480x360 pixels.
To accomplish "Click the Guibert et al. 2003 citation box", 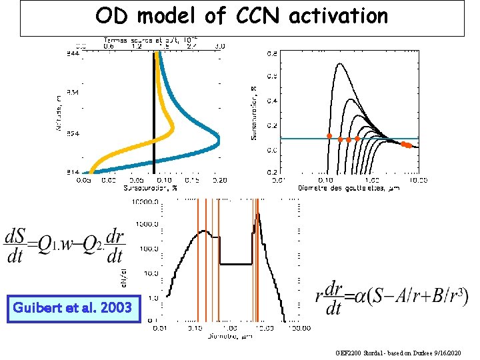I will [74, 308].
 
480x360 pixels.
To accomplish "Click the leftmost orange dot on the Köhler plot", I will [329, 136].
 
